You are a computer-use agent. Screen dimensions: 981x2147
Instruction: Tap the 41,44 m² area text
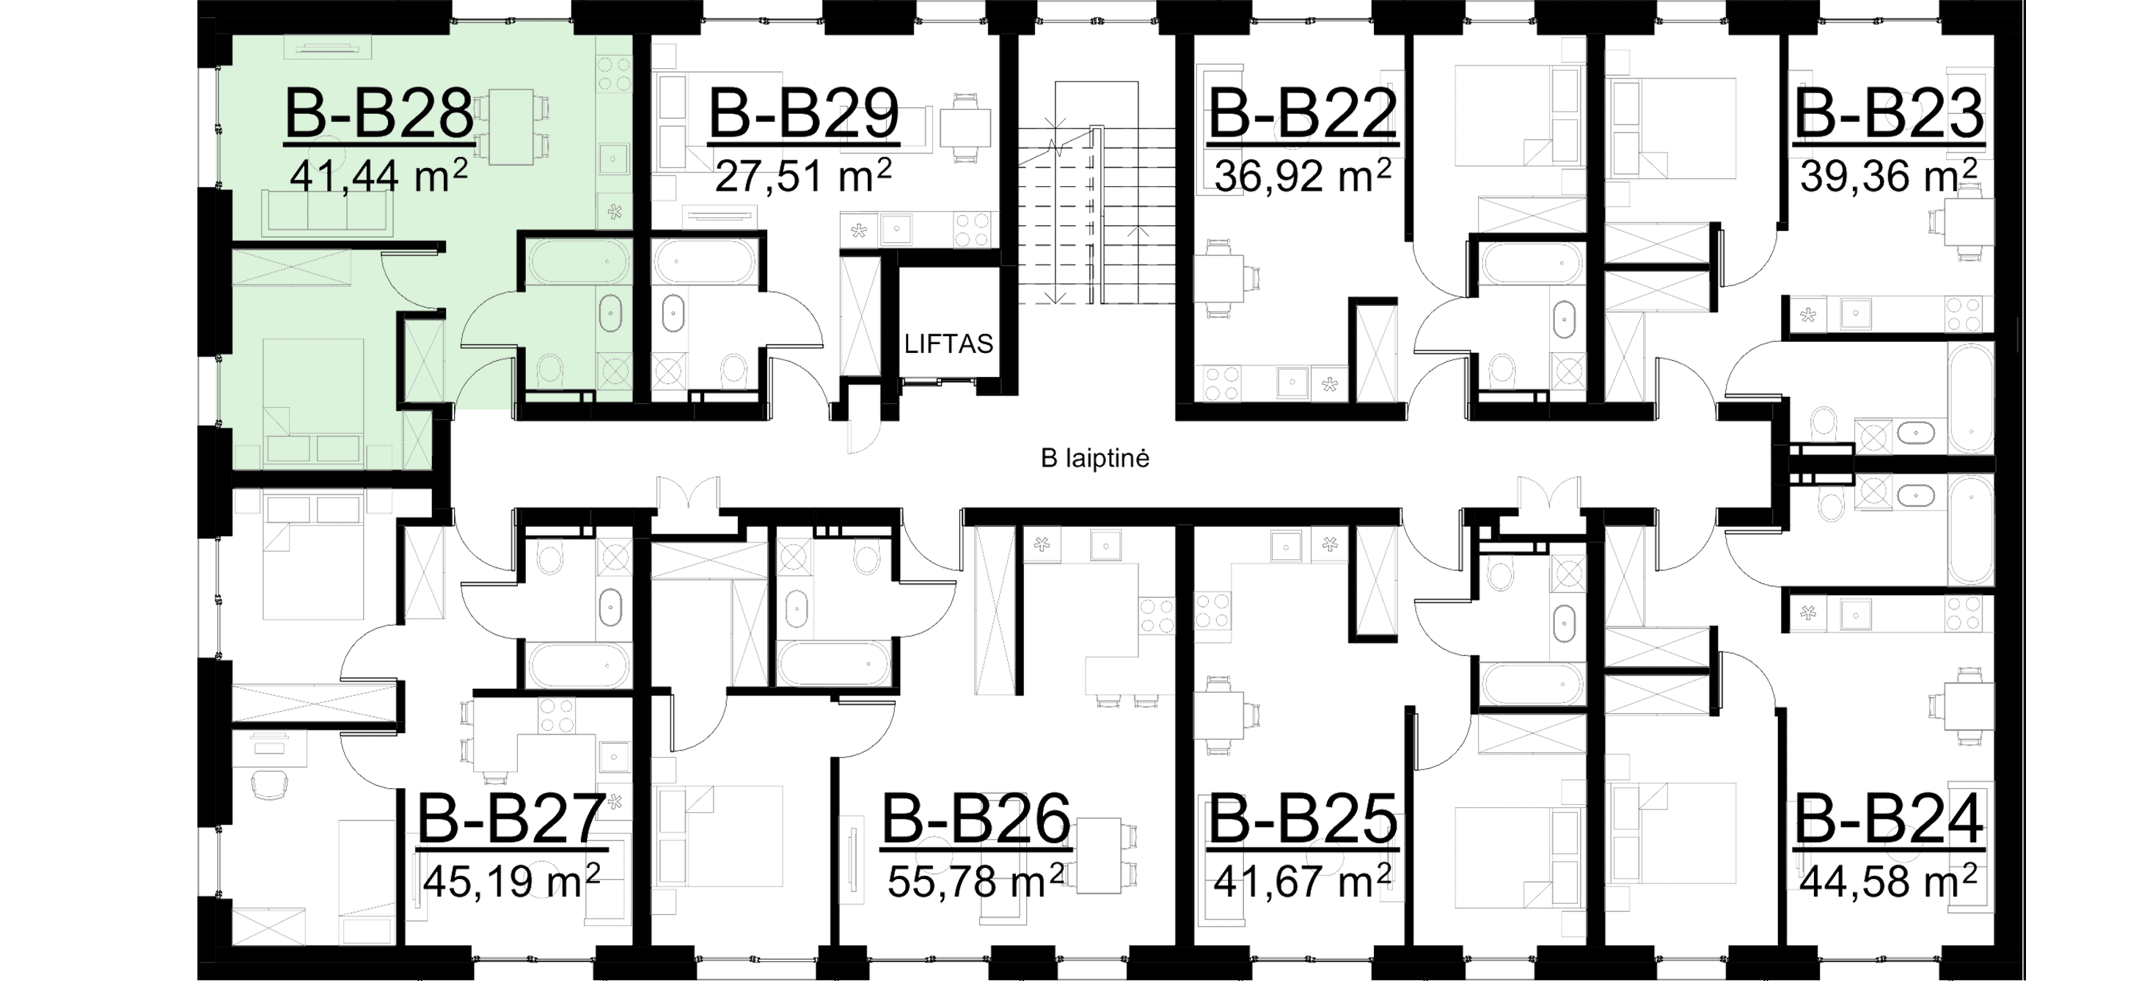[x=378, y=177]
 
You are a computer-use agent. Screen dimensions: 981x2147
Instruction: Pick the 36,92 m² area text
[x=1302, y=176]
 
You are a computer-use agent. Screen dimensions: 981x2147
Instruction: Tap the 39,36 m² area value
[x=1888, y=176]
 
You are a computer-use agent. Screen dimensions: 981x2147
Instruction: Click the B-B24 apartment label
[x=1888, y=820]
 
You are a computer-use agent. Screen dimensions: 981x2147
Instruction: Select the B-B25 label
[x=1302, y=820]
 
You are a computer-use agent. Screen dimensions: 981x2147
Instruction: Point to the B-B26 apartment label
[x=975, y=820]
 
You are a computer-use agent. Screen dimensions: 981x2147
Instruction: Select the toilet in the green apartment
[x=549, y=367]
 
